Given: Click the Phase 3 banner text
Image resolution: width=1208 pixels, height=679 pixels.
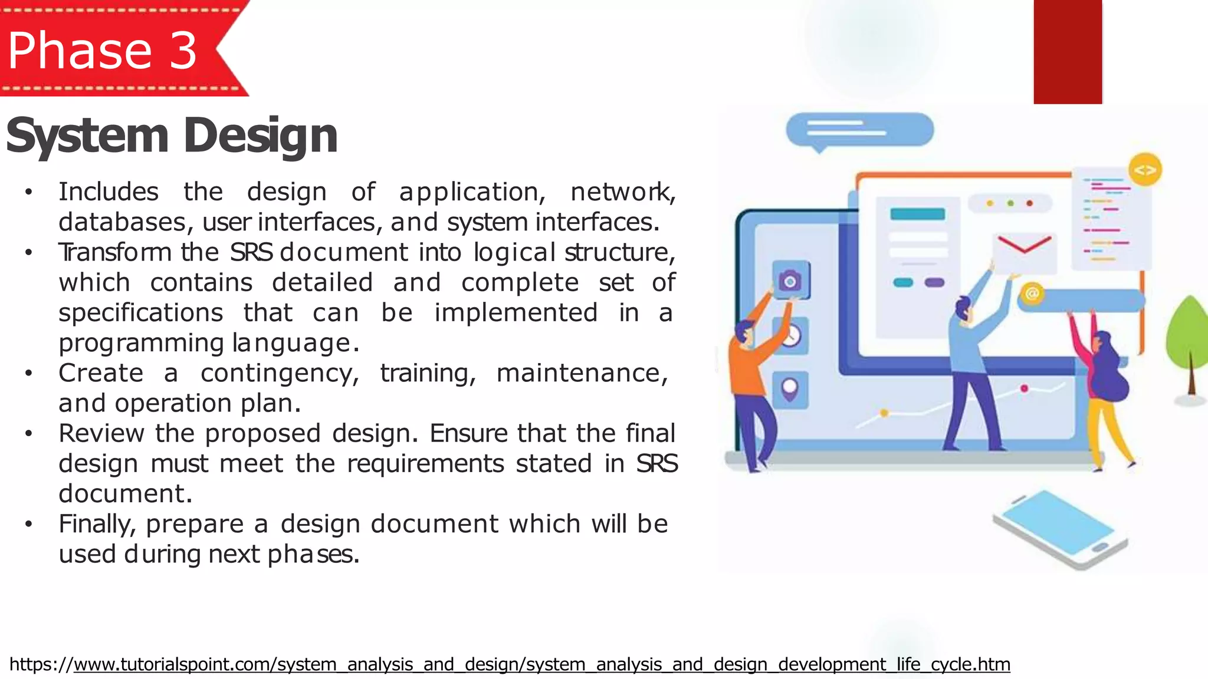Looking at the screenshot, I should coord(102,51).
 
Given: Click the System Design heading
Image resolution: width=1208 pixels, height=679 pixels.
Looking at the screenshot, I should coord(172,136).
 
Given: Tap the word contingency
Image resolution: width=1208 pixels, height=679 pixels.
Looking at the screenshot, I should coord(279,373).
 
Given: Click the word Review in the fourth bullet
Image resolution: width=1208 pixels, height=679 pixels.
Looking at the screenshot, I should coord(101,433).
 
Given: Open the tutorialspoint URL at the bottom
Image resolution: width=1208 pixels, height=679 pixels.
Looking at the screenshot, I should coord(510,664).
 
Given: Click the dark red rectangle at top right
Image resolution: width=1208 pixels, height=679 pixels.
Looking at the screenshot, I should coord(1068,52).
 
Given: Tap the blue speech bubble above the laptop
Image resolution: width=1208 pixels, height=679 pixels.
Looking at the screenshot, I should coord(859,130).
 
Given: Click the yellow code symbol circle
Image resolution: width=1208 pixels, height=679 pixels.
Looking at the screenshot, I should coord(1145,170).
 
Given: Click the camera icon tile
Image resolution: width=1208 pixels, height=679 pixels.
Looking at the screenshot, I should coord(790,280).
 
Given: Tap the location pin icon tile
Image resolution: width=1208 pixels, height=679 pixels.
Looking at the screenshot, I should coord(790,389).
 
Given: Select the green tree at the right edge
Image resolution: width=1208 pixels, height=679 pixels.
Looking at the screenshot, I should coord(1188,342).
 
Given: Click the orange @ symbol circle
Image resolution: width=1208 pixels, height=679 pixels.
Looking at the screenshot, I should coord(1032,293).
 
